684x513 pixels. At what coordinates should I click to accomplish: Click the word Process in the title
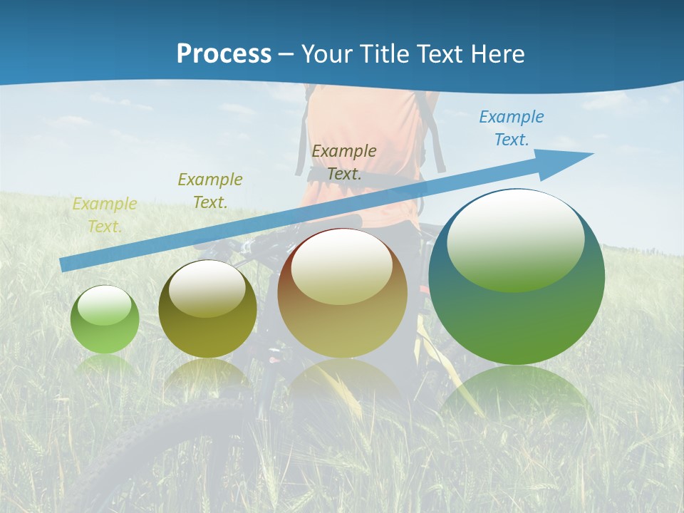click(224, 54)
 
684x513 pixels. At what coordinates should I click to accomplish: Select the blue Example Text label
click(511, 128)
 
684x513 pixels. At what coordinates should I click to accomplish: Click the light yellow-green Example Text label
click(105, 214)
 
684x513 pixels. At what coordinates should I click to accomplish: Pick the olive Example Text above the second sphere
click(210, 191)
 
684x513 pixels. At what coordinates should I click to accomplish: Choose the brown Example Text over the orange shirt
click(344, 162)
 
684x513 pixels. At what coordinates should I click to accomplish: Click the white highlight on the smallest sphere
click(105, 305)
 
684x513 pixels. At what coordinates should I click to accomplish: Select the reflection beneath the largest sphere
click(515, 392)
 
